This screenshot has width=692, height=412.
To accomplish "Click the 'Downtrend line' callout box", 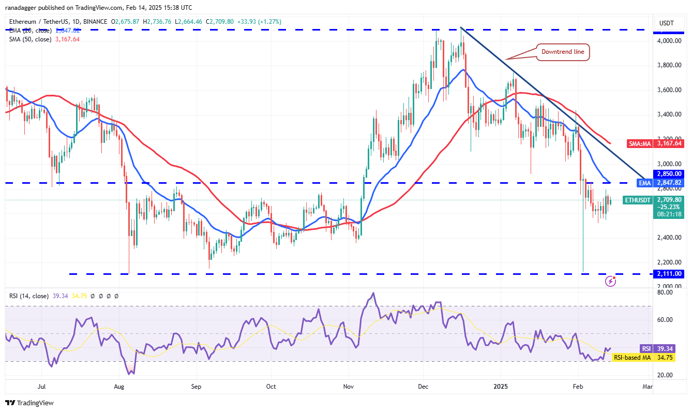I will [x=563, y=52].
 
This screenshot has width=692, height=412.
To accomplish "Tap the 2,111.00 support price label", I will [x=669, y=274].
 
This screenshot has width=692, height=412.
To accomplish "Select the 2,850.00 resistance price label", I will [x=669, y=174].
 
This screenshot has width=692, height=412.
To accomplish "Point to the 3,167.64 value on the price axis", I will [x=669, y=143].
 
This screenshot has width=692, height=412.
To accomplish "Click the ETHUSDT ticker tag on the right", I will [x=638, y=200].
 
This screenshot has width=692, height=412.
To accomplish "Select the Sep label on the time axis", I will [x=195, y=386].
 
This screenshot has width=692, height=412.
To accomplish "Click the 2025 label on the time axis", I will [x=501, y=386].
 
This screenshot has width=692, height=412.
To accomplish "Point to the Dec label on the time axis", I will [x=423, y=386].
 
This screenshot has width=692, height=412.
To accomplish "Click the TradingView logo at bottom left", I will [x=29, y=403].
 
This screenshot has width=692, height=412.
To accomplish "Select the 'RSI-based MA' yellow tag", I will [x=631, y=358].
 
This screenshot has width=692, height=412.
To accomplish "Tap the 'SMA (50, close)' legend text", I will [x=30, y=39].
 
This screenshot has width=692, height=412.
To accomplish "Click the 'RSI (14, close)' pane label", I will [x=29, y=296].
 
